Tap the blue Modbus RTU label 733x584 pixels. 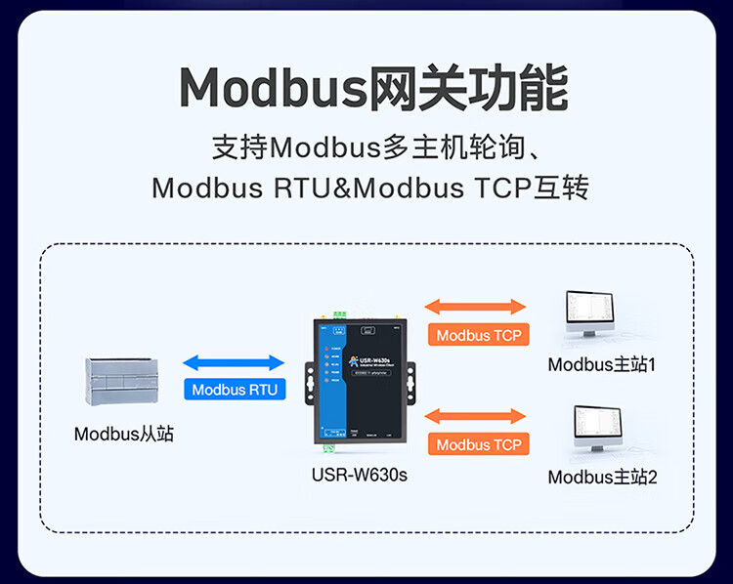click(235, 390)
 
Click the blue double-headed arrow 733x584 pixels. click(235, 361)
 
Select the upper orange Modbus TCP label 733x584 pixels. click(479, 335)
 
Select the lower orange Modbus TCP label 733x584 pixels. click(479, 444)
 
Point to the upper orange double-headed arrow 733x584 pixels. click(478, 307)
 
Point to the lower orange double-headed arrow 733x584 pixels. click(478, 416)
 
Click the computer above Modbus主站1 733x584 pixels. click(589, 314)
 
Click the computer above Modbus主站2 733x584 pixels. click(589, 428)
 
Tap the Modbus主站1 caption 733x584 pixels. click(601, 365)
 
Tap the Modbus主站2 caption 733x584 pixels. click(602, 478)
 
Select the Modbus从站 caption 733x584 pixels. click(124, 434)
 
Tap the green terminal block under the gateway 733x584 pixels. click(329, 448)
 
